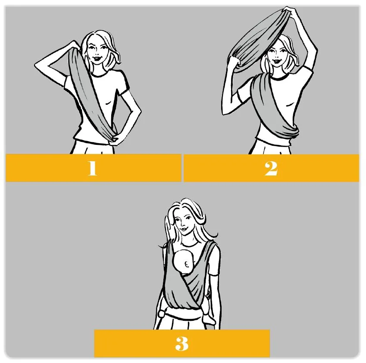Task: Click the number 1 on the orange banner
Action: pos(92,168)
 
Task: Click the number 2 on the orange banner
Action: pos(271,169)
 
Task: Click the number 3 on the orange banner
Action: pos(181,344)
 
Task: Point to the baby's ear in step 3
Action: pos(187,265)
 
